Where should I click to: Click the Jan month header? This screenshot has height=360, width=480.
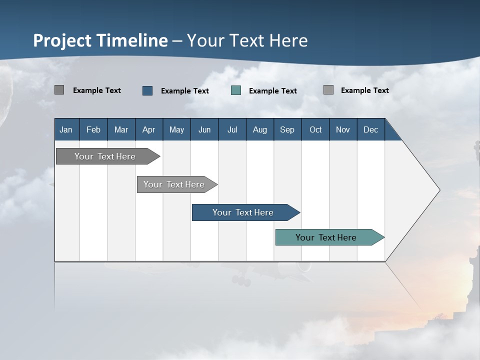66,129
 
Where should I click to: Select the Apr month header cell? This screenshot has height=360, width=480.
148,129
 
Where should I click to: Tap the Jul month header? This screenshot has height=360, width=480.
232,129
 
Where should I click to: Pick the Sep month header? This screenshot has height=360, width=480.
287,129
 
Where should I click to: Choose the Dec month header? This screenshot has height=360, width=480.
370,129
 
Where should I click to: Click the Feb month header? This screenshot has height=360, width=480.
93,129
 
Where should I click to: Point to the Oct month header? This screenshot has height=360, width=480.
315,129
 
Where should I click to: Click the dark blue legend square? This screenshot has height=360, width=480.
147,90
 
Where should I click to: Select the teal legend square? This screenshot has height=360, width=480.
236,90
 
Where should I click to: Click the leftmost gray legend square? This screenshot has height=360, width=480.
59,90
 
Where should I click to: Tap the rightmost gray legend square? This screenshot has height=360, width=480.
328,90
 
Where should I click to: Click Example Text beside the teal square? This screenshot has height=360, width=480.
272,91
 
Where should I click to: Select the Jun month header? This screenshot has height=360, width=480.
204,129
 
